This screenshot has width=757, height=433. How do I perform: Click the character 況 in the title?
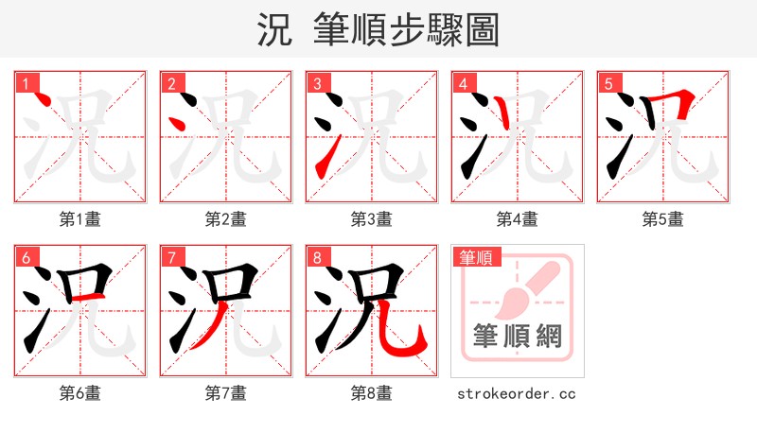pos(274,30)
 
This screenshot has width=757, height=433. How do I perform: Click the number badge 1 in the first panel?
pos(26,84)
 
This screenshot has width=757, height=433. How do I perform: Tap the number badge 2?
pos(171,84)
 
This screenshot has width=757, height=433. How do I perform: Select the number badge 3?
pos(317,84)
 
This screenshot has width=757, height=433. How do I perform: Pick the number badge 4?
pos(463,84)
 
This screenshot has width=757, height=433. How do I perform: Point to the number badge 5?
pos(608,84)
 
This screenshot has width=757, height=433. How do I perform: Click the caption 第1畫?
pos(80,219)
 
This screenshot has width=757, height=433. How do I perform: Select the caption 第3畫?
pos(372,219)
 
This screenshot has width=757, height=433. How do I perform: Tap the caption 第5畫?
pos(663,219)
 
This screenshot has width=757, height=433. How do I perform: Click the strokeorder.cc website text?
pos(517,393)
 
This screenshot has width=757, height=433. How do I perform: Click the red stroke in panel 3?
pos(324,157)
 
